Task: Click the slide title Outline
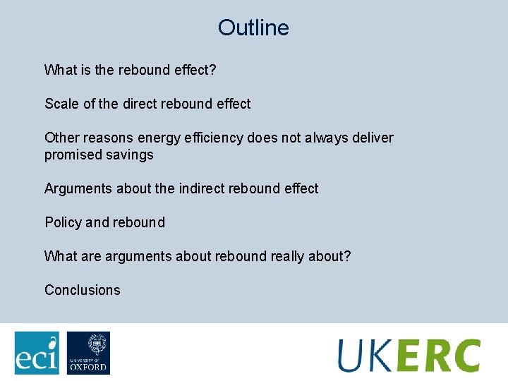(x=253, y=28)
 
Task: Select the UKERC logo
(x=409, y=355)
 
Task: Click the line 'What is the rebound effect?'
(x=130, y=70)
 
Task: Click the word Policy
(x=63, y=222)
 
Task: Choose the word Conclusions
(x=83, y=290)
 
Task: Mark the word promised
(x=73, y=155)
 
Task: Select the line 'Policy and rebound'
(x=104, y=222)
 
